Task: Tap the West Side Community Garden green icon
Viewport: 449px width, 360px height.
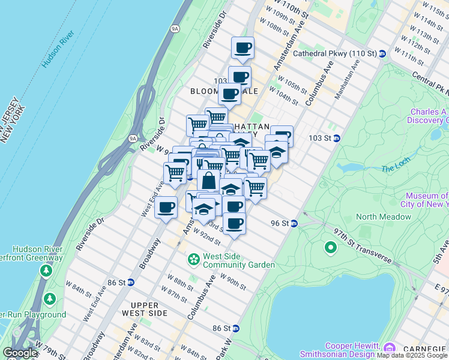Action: click(194, 259)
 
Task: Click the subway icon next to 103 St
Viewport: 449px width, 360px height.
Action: click(337, 138)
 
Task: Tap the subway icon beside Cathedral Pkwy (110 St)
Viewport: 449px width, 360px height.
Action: click(382, 53)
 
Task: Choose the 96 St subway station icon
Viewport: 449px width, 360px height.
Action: click(294, 223)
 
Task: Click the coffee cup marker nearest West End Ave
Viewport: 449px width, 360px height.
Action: click(166, 208)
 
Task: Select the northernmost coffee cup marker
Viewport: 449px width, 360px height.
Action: click(243, 47)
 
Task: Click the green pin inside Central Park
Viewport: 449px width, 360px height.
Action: click(330, 247)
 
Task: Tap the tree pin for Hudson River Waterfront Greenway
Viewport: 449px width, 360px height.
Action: click(46, 271)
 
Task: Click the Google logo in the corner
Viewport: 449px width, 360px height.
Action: click(20, 353)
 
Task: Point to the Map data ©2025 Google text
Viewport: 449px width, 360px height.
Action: click(412, 355)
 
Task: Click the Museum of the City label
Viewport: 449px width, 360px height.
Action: click(426, 200)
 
